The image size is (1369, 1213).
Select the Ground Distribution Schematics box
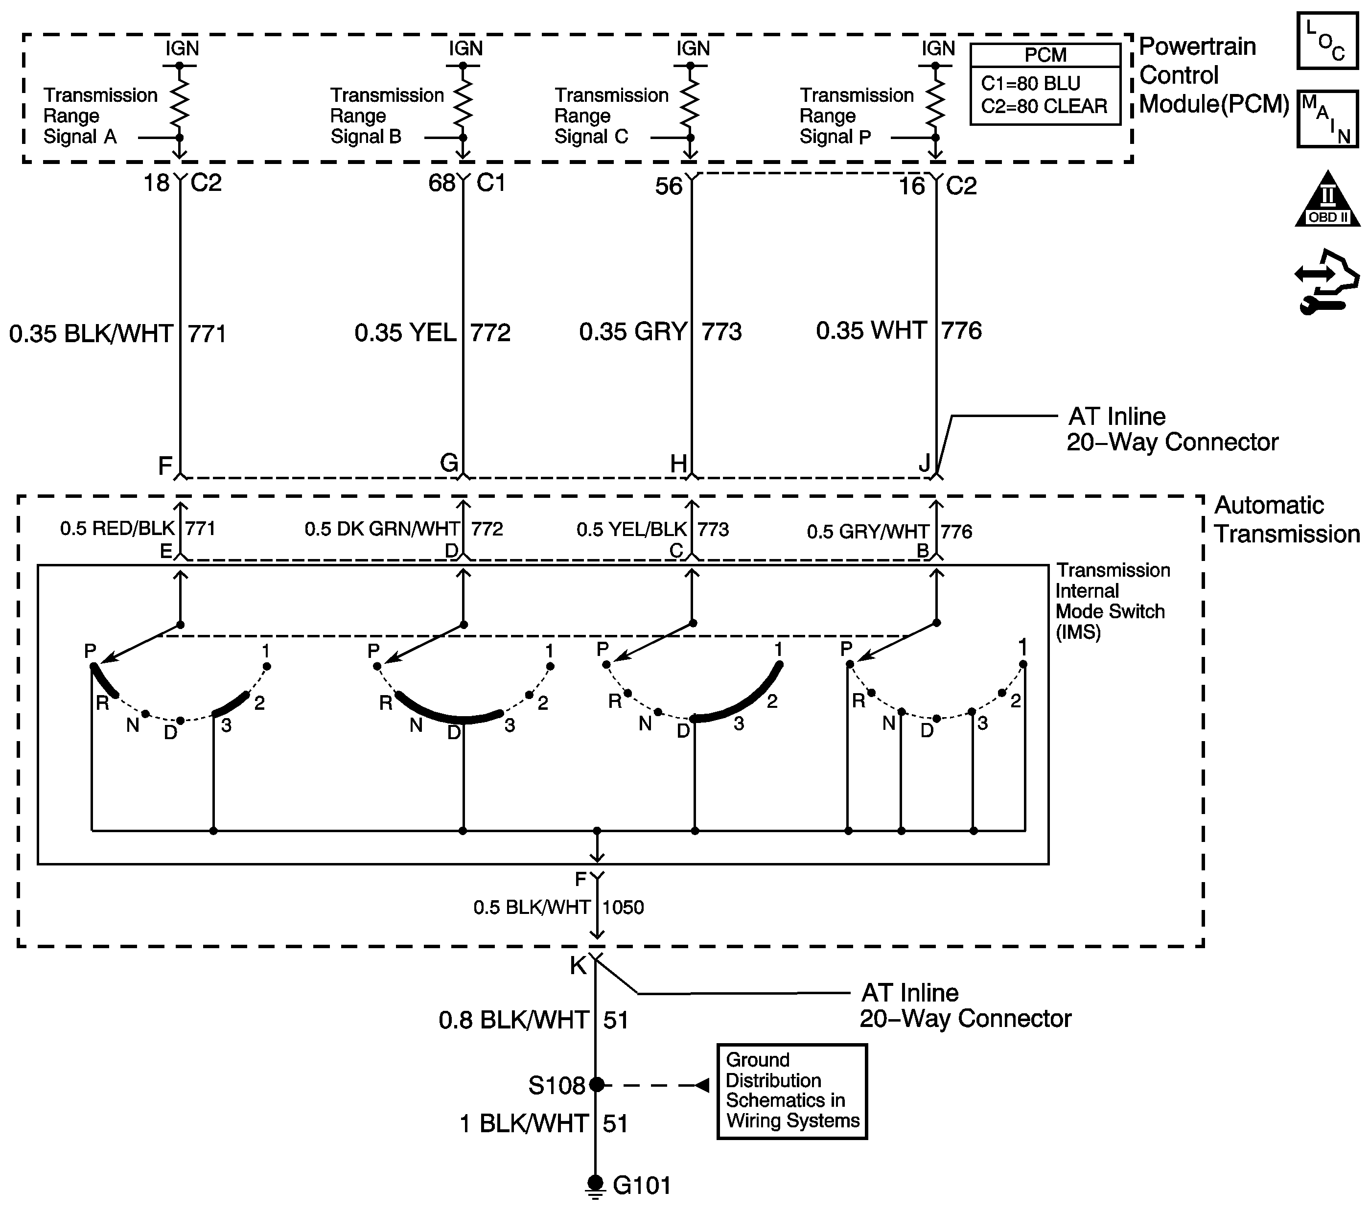coord(791,1091)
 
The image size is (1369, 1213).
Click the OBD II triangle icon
coord(1327,198)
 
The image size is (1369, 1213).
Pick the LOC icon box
coord(1327,40)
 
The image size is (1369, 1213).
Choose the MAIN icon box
coord(1327,118)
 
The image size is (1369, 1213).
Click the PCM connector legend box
coord(1045,84)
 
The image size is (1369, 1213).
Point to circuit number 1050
coord(623,908)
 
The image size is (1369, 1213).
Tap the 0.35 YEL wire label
coord(405,333)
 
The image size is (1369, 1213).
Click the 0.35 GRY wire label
coord(634,331)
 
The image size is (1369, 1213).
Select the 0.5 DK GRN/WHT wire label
coord(382,529)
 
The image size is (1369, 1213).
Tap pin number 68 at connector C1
coord(442,183)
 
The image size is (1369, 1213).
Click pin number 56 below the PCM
coord(669,186)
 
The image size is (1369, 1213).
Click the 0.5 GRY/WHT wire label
coord(868,532)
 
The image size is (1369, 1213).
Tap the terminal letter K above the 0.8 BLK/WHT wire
coord(578,965)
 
